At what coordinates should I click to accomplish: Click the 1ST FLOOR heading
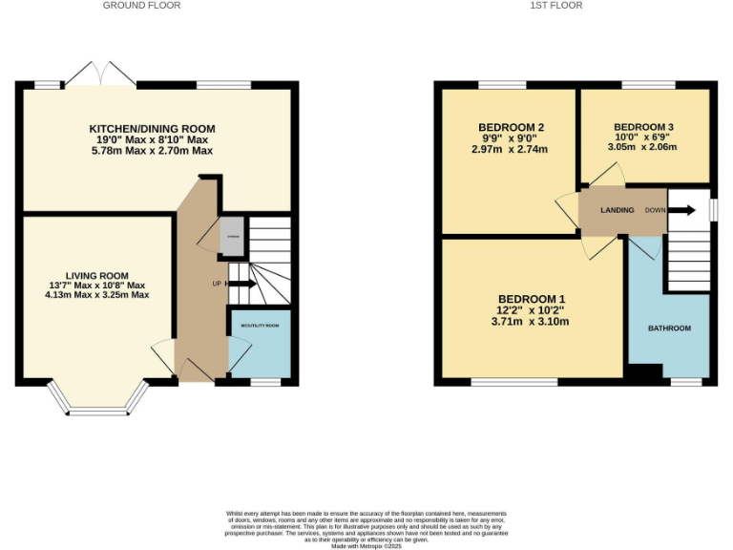click(x=556, y=6)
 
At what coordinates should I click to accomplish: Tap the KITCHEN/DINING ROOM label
click(x=153, y=129)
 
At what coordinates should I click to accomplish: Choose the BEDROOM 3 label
click(x=643, y=127)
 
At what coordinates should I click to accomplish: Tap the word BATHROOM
click(x=669, y=328)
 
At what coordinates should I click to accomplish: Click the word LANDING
click(x=618, y=210)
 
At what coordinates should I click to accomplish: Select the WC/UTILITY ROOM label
click(x=260, y=326)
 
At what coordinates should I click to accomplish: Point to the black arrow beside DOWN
click(x=682, y=210)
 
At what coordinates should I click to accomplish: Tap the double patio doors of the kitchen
click(x=100, y=74)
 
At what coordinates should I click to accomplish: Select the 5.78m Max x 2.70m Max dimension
click(x=153, y=151)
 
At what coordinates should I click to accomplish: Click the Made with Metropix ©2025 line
click(x=366, y=545)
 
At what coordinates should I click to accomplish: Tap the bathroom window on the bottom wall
click(x=685, y=382)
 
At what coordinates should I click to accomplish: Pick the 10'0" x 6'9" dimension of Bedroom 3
click(x=643, y=137)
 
